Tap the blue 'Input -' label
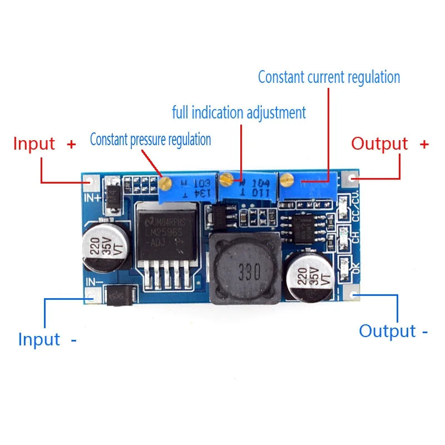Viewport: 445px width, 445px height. pos(47,339)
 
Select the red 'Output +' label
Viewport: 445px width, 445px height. pos(389,144)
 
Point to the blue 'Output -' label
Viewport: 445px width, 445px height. pos(393,331)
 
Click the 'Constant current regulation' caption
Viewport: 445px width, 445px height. pos(329,77)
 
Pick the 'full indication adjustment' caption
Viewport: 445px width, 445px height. pos(239,113)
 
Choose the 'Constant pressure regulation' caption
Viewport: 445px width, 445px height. pos(150,139)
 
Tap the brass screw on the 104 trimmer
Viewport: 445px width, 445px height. pos(226,179)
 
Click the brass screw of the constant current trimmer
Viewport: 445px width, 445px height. pos(286,179)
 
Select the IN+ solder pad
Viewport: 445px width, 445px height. pos(92,182)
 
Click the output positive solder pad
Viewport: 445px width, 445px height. pos(350,179)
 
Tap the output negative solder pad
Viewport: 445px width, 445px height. pos(352,295)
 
